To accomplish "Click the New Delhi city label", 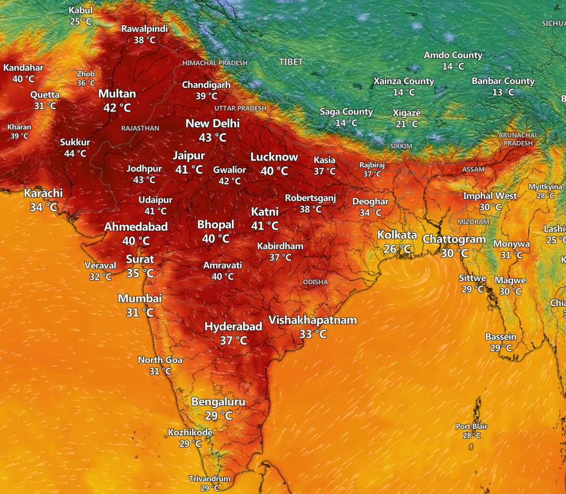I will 213,124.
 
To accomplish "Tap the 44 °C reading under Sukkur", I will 75,153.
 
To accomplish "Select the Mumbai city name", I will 139,299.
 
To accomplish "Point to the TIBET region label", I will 291,62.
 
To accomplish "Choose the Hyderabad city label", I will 233,327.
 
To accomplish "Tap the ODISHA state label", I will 315,282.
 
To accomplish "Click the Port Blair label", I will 471,426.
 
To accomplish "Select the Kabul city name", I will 81,10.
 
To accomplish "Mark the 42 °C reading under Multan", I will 117,108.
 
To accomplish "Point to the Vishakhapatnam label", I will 313,320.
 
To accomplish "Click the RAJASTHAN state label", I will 140,128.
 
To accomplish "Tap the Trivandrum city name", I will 209,479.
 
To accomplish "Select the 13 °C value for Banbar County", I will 503,92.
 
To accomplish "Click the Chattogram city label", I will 454,240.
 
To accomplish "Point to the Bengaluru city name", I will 218,402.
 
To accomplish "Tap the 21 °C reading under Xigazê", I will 406,124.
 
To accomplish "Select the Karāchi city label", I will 43,193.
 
